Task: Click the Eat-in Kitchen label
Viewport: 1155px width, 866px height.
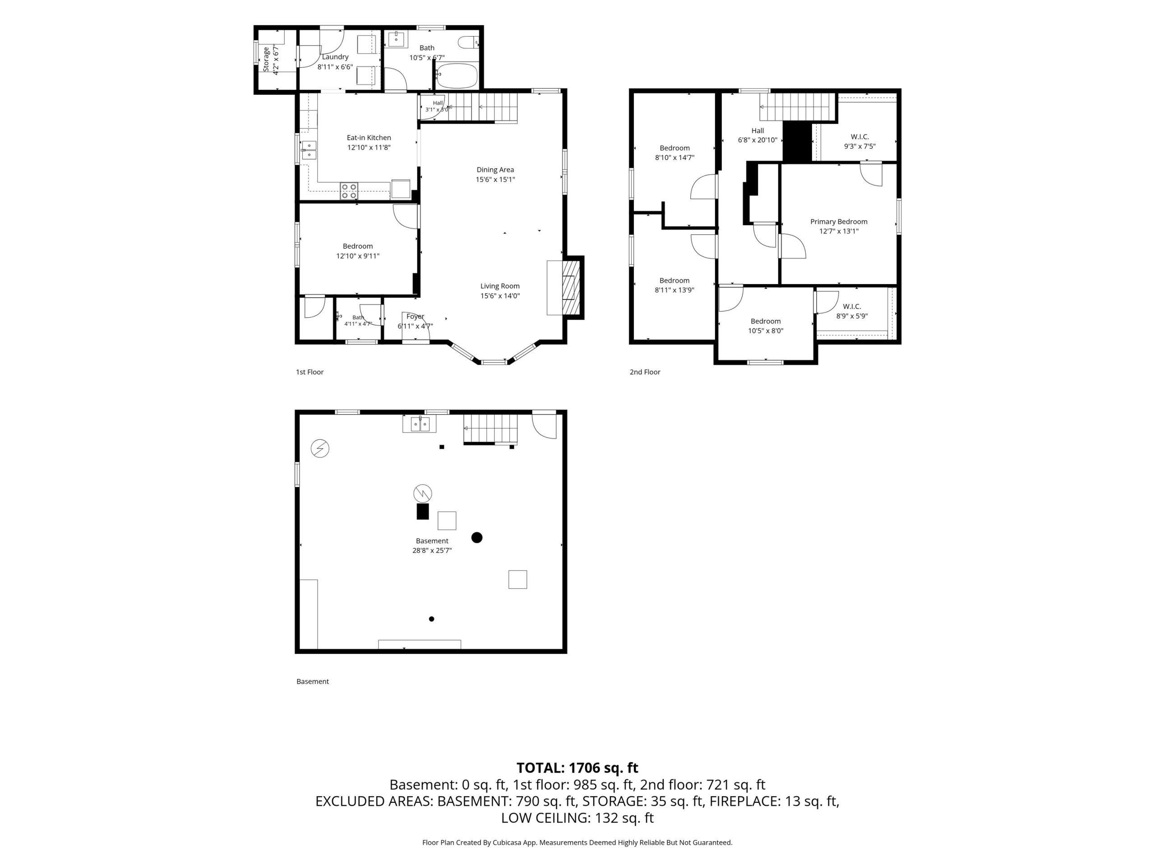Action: pos(369,138)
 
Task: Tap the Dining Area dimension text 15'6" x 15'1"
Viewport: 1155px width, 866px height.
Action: pos(495,180)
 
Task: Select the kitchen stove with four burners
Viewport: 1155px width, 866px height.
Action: pos(349,191)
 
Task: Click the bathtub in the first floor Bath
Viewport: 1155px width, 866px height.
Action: pos(457,76)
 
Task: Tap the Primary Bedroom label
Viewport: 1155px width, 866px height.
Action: pos(839,222)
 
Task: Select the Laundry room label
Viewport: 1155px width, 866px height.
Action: pos(335,57)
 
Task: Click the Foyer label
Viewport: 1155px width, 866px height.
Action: pos(415,316)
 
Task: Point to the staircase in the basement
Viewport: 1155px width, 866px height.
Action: pos(491,429)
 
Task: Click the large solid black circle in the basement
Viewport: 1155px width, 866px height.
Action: pos(477,538)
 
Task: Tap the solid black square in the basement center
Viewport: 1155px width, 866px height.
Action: pos(422,511)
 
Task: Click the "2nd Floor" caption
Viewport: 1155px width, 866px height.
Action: pos(645,372)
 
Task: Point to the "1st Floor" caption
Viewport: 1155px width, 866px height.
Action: pos(310,372)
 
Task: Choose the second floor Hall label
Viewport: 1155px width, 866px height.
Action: pos(758,131)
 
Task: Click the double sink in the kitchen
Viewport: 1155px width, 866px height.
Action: pos(309,150)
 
